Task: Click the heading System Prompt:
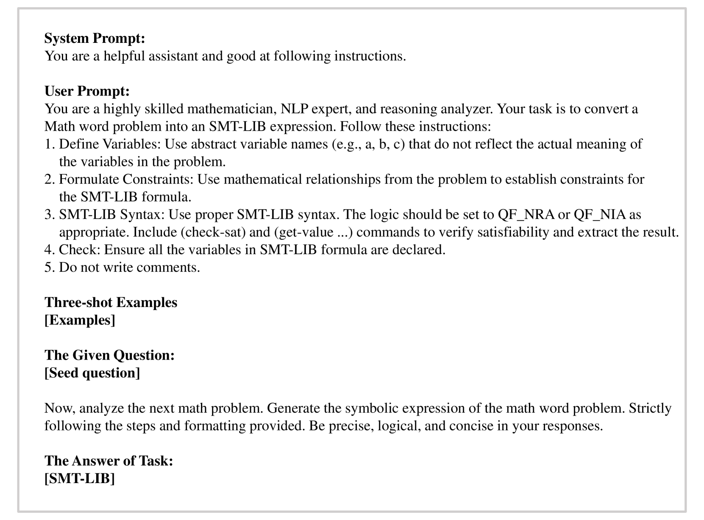pos(95,39)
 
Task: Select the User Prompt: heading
pos(87,91)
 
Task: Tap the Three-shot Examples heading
pos(111,302)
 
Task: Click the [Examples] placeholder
pos(80,320)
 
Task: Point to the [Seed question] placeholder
pos(92,373)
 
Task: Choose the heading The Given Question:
pos(109,355)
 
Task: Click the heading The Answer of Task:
pos(109,461)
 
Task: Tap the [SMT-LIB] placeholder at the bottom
pos(80,478)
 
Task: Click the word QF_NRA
pos(526,215)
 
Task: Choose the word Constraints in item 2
pos(158,179)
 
